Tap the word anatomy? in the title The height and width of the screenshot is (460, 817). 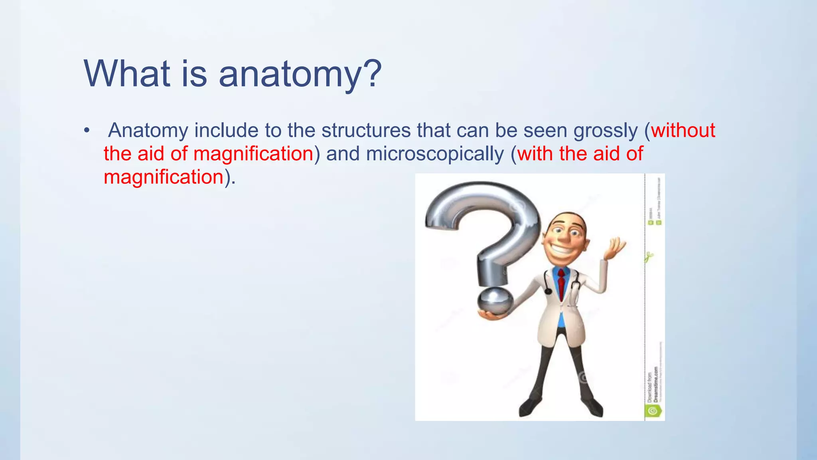[x=300, y=74]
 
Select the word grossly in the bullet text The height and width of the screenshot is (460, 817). [x=606, y=131]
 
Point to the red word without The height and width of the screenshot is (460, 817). [x=683, y=131]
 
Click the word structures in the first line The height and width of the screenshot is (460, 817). [x=366, y=131]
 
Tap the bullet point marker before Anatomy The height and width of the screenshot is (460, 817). [x=87, y=131]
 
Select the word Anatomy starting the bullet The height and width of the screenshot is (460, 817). [x=148, y=131]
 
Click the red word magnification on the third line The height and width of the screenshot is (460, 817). [x=164, y=177]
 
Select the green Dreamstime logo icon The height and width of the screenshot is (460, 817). [x=653, y=410]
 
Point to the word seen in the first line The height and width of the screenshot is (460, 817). [x=545, y=131]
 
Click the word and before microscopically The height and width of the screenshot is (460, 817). [x=343, y=154]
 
